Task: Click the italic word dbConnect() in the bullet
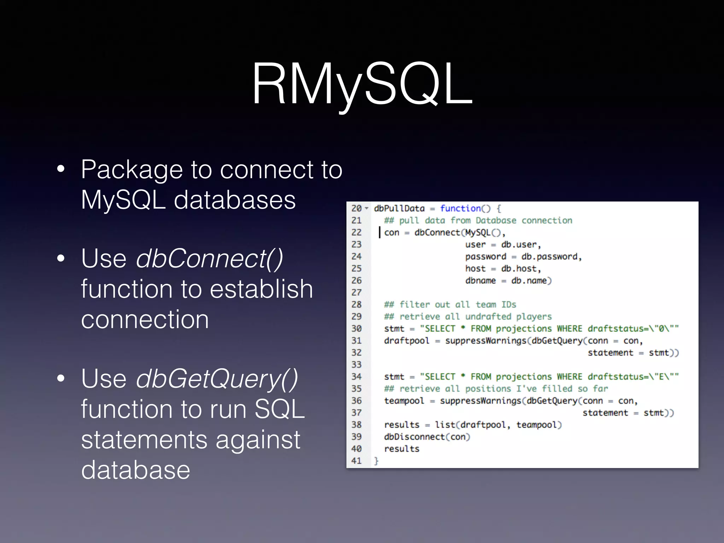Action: coord(209,259)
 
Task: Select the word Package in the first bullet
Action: coord(132,170)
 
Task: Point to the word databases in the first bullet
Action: coord(235,200)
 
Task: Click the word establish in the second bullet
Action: coord(261,289)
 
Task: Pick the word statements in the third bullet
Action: coord(144,440)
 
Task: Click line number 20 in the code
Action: coord(356,209)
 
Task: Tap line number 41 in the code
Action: coord(356,461)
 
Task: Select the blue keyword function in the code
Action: coord(460,209)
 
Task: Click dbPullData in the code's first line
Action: coord(399,209)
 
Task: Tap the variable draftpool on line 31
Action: coord(407,341)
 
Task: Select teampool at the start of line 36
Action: coord(404,401)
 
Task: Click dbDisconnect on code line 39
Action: coord(414,437)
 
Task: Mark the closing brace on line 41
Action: coord(376,461)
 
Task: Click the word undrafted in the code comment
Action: coord(488,317)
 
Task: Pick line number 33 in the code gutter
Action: coord(356,365)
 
